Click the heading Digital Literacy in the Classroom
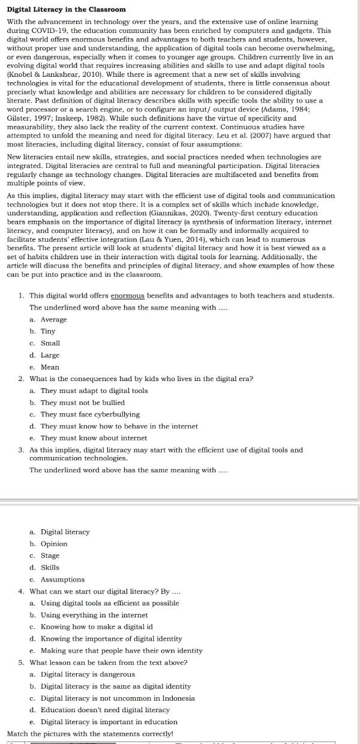click(x=66, y=10)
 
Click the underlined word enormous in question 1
click(x=128, y=295)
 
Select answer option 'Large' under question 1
click(x=50, y=355)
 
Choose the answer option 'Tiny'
click(x=48, y=331)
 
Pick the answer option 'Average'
click(x=53, y=319)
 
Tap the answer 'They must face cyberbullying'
click(x=90, y=414)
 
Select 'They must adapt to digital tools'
click(x=94, y=391)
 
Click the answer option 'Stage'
click(x=50, y=556)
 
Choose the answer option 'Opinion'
click(x=54, y=544)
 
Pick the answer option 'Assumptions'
click(x=62, y=580)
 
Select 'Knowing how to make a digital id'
click(x=97, y=626)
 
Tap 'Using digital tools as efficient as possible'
click(x=110, y=603)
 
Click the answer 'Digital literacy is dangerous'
click(x=88, y=674)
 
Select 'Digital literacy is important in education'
click(x=109, y=722)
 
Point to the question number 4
click(x=22, y=591)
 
